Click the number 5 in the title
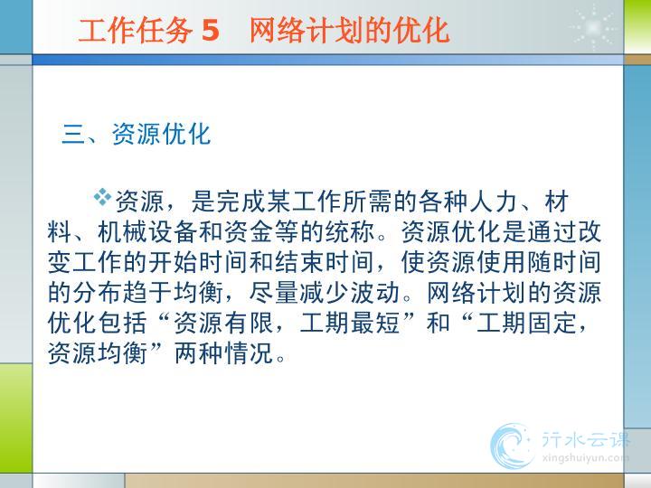point(210,31)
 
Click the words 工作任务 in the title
point(136,31)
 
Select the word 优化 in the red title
point(422,31)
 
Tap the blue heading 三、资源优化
point(137,134)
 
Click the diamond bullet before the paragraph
point(102,197)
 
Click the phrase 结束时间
point(325,263)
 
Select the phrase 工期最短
point(350,324)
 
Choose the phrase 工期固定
point(526,324)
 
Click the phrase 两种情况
point(224,353)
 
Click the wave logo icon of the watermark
point(511,446)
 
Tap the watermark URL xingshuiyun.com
point(585,458)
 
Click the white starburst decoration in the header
point(593,27)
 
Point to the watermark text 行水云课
point(586,439)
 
